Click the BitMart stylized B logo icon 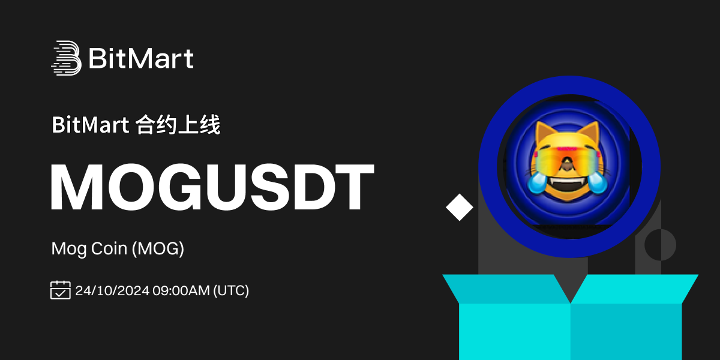(x=66, y=58)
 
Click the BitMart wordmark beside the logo (x=141, y=58)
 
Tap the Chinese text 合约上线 (x=178, y=125)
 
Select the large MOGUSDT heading (x=212, y=187)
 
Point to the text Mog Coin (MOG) (x=118, y=248)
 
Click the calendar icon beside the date (x=61, y=290)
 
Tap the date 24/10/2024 (x=112, y=290)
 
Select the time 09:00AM (x=181, y=290)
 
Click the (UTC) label (x=231, y=290)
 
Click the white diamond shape (x=460, y=208)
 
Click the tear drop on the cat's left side (x=536, y=183)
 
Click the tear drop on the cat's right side (x=597, y=183)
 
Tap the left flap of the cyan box (x=506, y=289)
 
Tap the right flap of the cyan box (x=635, y=289)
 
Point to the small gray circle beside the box (x=660, y=245)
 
